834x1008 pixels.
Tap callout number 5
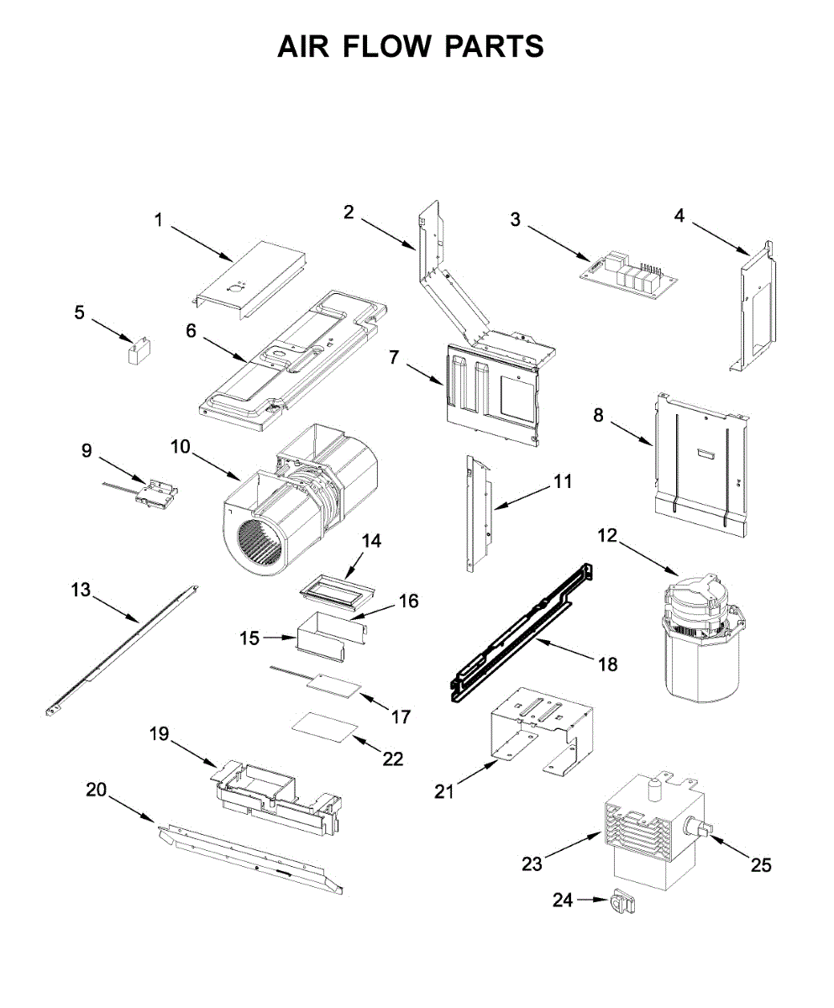(79, 312)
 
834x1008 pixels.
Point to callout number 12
(607, 535)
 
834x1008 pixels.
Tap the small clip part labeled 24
(622, 904)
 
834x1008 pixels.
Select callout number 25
(761, 865)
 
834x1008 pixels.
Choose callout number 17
(401, 717)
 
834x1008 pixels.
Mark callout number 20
(97, 790)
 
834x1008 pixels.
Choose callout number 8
(598, 415)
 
